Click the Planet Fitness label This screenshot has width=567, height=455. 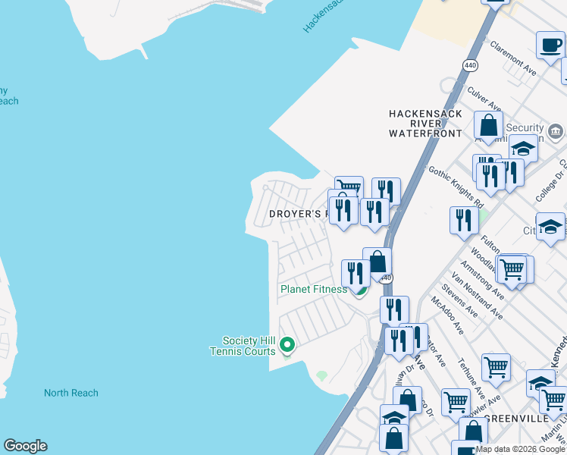pyautogui.click(x=314, y=289)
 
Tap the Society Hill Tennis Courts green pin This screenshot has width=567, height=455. pyautogui.click(x=287, y=346)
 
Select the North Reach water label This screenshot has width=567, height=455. pyautogui.click(x=70, y=393)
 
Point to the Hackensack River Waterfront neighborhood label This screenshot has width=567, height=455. pyautogui.click(x=425, y=123)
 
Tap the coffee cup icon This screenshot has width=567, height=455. pyautogui.click(x=550, y=44)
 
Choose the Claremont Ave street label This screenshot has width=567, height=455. pyautogui.click(x=513, y=59)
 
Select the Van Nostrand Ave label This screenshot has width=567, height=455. pyautogui.click(x=477, y=295)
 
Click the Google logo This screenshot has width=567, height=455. pyautogui.click(x=25, y=446)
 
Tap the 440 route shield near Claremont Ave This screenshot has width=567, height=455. pyautogui.click(x=471, y=66)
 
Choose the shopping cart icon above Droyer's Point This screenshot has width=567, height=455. pyautogui.click(x=349, y=187)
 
